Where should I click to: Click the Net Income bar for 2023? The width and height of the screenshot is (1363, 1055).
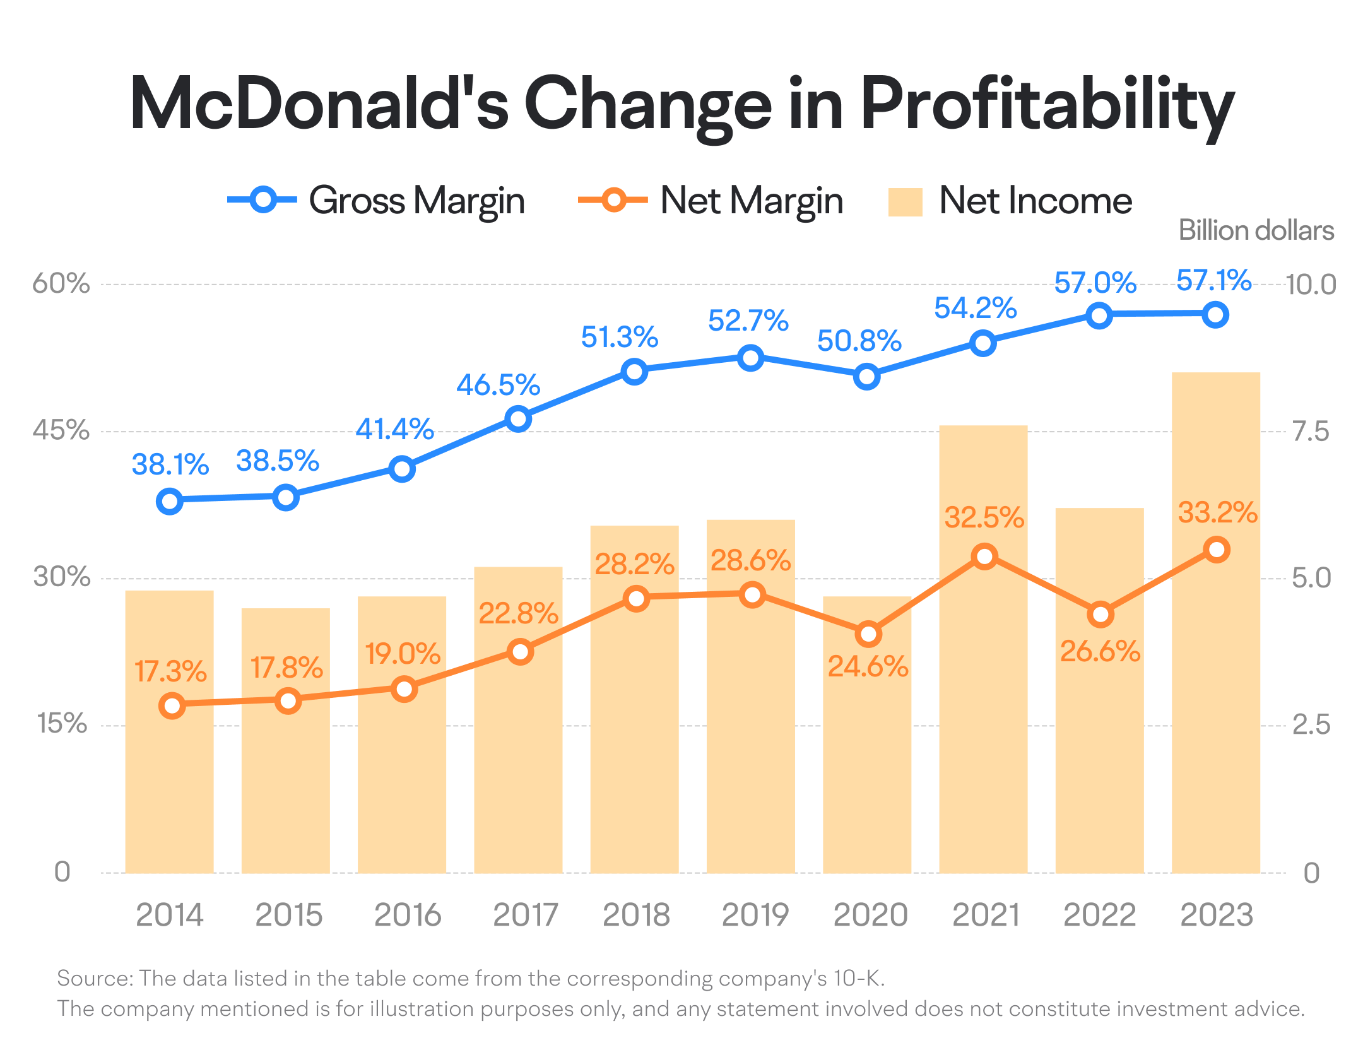(1215, 694)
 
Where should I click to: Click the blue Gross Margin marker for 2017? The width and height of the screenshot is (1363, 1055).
(518, 419)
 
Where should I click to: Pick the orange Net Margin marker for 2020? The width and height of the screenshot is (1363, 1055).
(868, 634)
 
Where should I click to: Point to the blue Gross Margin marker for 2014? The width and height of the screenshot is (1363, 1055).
(170, 501)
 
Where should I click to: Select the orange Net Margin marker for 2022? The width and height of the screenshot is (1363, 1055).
(1100, 614)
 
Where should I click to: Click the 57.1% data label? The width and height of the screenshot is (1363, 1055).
(1213, 280)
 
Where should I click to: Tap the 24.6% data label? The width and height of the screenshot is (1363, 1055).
(868, 666)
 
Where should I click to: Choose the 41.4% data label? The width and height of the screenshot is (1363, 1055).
(394, 429)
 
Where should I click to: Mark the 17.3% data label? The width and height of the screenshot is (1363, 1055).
(170, 671)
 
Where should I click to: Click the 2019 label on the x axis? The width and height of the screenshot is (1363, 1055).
(755, 915)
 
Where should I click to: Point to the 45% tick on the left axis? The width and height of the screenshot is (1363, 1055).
(61, 430)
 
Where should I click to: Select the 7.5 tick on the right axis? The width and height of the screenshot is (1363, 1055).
(1311, 432)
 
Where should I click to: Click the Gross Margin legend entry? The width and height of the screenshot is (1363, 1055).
(376, 201)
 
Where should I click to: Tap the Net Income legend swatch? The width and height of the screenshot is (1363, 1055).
(905, 202)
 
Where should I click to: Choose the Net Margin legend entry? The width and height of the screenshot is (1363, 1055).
(711, 201)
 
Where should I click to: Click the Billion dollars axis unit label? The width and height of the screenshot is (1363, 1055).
(1256, 230)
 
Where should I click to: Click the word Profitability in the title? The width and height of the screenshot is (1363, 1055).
(1047, 104)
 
